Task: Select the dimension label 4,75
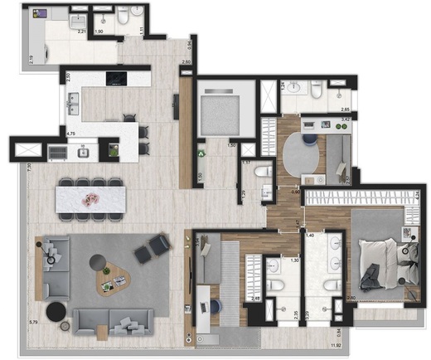coord(71,132)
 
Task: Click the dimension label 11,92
coord(336,345)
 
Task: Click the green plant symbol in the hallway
coord(201,153)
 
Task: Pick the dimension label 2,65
coord(345,109)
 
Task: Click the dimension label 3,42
coord(345,120)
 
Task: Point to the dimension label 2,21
coord(82,32)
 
